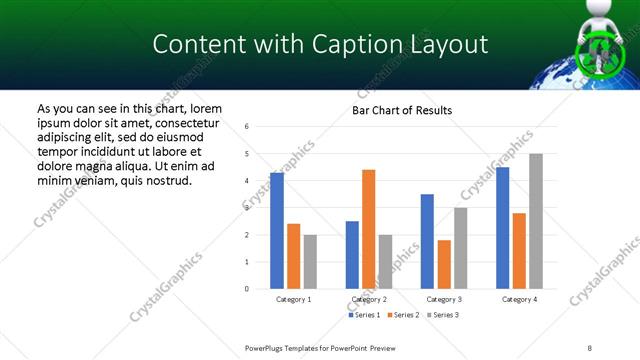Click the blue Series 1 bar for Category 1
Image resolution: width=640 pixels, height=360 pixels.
277,231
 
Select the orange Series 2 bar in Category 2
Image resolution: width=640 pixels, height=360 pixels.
368,229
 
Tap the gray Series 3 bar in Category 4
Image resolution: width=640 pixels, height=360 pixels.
536,221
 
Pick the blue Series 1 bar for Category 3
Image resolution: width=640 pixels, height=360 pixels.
427,241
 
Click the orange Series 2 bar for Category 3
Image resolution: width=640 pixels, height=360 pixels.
444,264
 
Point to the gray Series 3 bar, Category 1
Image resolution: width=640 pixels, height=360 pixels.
310,262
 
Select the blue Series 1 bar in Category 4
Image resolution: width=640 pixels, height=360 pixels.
502,228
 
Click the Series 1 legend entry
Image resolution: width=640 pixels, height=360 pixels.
365,315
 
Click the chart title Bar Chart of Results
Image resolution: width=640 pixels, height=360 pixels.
402,110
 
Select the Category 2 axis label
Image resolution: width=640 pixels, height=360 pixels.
369,300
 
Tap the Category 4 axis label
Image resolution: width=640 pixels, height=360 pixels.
519,300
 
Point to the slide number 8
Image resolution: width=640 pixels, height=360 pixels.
589,347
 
